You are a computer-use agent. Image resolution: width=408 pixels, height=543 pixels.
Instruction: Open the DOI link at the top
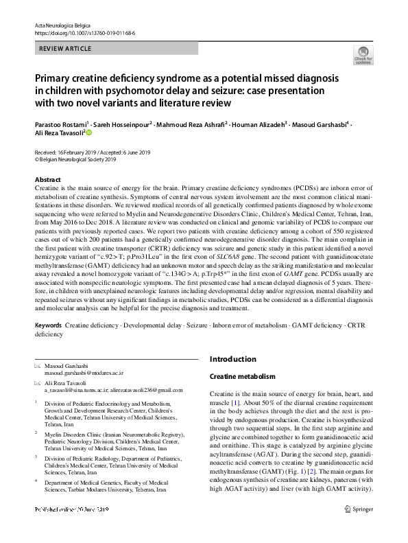tap(84, 32)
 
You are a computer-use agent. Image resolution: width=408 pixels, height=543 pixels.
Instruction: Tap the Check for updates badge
tap(363, 56)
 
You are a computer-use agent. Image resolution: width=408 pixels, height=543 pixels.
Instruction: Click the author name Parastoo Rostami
tap(59, 125)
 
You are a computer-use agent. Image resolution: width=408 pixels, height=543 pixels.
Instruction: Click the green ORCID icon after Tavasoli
tap(88, 133)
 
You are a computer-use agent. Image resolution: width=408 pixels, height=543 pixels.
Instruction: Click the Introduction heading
tap(232, 359)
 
